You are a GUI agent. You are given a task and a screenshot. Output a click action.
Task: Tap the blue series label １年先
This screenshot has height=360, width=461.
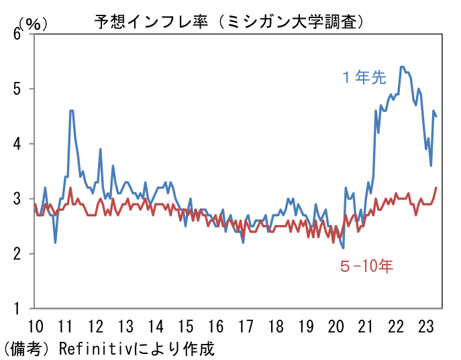coord(364,77)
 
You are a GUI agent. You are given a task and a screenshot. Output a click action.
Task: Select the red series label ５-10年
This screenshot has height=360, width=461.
coord(366,267)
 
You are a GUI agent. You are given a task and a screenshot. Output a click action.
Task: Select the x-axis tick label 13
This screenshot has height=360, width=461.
coord(125,327)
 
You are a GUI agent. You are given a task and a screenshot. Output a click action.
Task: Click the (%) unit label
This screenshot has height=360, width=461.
coord(33,23)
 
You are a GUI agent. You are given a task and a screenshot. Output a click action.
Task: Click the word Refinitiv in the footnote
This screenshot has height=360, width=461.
coord(98,349)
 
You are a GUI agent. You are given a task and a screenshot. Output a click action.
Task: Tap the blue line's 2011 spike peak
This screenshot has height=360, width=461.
coord(71,110)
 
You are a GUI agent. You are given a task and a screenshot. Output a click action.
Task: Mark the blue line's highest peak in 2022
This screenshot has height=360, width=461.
coord(402,66)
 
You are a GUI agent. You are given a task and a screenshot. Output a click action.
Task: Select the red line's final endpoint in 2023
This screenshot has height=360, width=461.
coord(436,187)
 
